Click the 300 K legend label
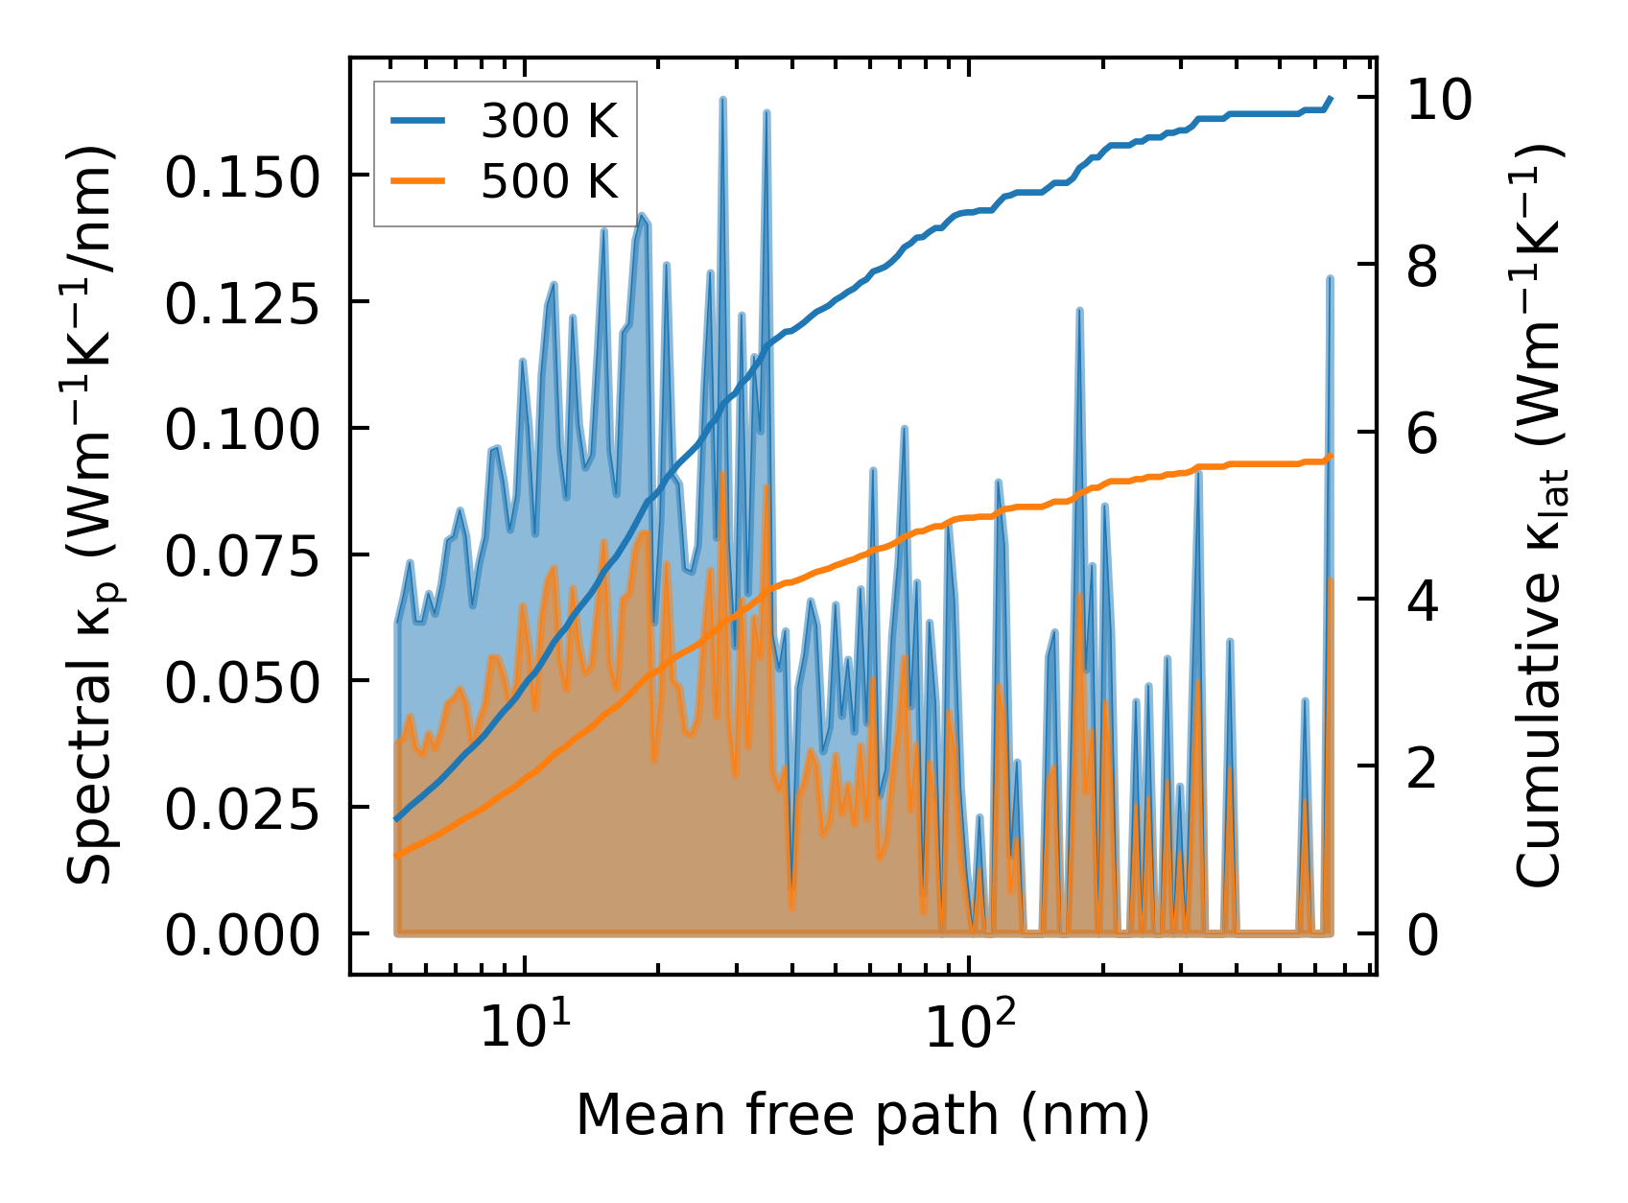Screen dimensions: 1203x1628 (549, 121)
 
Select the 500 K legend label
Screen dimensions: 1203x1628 (549, 181)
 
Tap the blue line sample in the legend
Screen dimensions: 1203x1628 (417, 121)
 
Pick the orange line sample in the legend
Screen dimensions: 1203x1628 (417, 181)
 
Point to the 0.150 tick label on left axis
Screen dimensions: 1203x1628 (241, 178)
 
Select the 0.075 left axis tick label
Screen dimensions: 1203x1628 (241, 557)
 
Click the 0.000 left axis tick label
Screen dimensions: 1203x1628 (241, 936)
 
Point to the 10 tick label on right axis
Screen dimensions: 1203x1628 (1439, 100)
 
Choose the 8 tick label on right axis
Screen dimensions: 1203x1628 (1423, 268)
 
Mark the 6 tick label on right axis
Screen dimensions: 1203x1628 (1423, 435)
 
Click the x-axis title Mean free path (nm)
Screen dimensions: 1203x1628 (861, 1115)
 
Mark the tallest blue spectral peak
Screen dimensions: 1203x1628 (722, 100)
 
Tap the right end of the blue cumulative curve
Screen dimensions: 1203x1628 (1331, 98)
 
